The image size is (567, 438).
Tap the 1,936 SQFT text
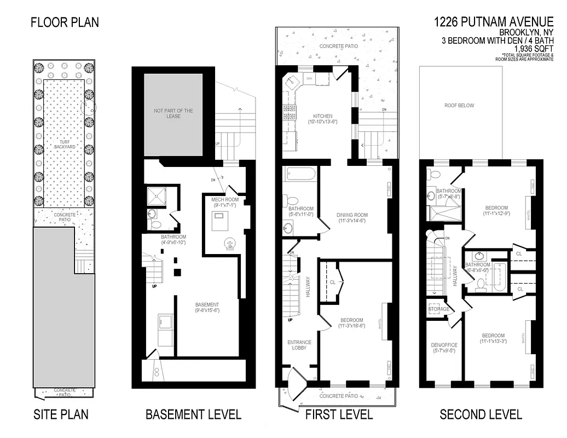(x=535, y=48)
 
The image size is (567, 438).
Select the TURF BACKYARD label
(x=65, y=143)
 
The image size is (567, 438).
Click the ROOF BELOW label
(x=459, y=105)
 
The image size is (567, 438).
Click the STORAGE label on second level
(x=439, y=309)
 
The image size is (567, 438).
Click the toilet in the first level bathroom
(x=291, y=200)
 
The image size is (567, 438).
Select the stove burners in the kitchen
(x=289, y=112)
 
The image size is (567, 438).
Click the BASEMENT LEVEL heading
(x=193, y=414)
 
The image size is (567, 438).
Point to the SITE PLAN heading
(x=61, y=414)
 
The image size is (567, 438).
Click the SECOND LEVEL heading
(x=481, y=414)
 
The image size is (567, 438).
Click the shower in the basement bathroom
(x=156, y=195)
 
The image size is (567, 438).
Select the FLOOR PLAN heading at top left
(x=65, y=22)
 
